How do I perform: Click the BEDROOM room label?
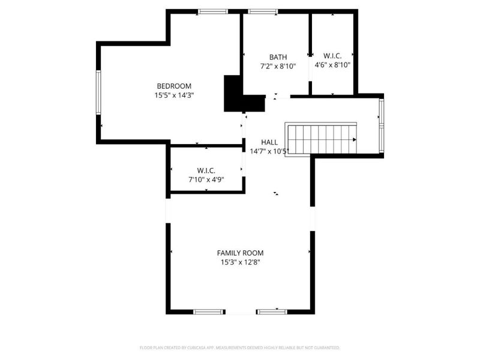tap(174, 86)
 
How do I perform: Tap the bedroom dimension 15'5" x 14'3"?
tap(174, 95)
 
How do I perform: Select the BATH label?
tap(278, 57)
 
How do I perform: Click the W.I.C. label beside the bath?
tap(332, 56)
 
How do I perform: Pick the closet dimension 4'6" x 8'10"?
tap(332, 65)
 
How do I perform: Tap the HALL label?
tap(269, 142)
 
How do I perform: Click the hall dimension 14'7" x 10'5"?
tap(269, 151)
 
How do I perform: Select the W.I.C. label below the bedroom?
tap(206, 170)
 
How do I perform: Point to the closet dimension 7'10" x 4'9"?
tap(206, 179)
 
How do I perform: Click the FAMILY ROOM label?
tap(240, 253)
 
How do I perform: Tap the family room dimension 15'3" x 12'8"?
tap(240, 262)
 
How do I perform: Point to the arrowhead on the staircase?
tap(355, 140)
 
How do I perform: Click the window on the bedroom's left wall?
tap(99, 92)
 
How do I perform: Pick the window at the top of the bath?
tap(262, 11)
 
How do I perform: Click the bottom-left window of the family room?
tap(208, 312)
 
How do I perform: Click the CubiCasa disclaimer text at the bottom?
tap(240, 348)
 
